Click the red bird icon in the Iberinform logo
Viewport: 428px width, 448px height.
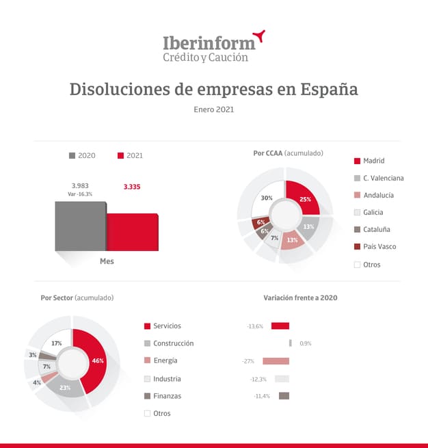tap(258, 36)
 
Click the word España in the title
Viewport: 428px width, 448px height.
tap(323, 90)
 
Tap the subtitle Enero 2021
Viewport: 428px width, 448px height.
tap(214, 109)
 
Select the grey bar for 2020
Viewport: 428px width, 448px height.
tap(80, 226)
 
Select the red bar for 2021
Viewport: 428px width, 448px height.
tap(133, 233)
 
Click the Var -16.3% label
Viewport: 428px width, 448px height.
tap(81, 194)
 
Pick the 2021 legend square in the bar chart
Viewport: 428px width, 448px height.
tap(121, 156)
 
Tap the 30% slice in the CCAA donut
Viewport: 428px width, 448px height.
tap(267, 198)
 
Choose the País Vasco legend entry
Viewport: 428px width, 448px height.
tap(379, 247)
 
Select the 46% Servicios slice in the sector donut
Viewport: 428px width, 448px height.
tap(94, 359)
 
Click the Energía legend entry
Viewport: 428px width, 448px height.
tap(165, 360)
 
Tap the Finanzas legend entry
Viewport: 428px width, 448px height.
tap(167, 396)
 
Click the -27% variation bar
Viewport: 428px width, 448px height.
tap(276, 361)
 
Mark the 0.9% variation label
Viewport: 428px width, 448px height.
tap(306, 343)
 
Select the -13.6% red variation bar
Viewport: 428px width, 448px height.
tap(280, 326)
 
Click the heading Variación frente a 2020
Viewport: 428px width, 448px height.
tap(300, 298)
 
